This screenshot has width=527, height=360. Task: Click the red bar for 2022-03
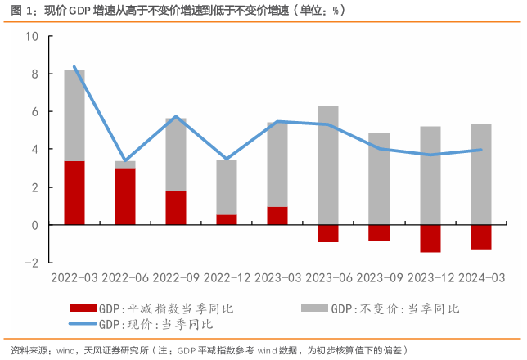[x=74, y=193]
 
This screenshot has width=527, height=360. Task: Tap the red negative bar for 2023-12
[x=430, y=238]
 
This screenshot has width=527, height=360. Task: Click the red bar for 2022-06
[x=125, y=196]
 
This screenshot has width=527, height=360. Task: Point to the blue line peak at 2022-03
[x=74, y=66]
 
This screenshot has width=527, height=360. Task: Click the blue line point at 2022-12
[x=227, y=159]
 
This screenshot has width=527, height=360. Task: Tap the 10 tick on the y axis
[x=33, y=37]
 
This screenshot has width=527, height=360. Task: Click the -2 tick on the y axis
[x=33, y=263]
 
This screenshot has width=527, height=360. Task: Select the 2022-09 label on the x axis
[x=176, y=278]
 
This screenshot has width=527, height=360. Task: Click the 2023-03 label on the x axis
[x=277, y=278]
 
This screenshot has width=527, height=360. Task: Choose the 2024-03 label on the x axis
[x=480, y=278]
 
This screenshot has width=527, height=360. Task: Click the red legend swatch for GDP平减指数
[x=83, y=308]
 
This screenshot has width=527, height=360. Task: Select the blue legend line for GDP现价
[x=83, y=325]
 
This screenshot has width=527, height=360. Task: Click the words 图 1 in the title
[x=16, y=10]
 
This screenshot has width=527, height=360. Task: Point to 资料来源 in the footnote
[x=24, y=350]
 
